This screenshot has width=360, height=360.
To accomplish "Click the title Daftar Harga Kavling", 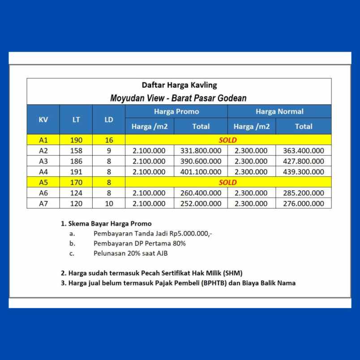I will pyautogui.click(x=179, y=85).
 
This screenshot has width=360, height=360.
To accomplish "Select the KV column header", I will pyautogui.click(x=43, y=120).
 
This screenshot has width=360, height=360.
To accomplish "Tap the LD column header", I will pyautogui.click(x=109, y=120).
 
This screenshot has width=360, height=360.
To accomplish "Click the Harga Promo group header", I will pyautogui.click(x=176, y=111).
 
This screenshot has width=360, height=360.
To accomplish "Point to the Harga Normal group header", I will pyautogui.click(x=279, y=111).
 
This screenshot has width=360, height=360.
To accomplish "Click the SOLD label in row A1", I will pyautogui.click(x=228, y=140).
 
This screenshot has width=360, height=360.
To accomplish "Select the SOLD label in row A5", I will pyautogui.click(x=228, y=182).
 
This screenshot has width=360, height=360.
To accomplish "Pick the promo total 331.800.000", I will pyautogui.click(x=201, y=151).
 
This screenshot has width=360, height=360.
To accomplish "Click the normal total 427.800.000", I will pyautogui.click(x=303, y=161).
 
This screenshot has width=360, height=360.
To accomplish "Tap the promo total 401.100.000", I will pyautogui.click(x=201, y=172).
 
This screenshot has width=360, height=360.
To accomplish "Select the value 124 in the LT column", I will pyautogui.click(x=76, y=193).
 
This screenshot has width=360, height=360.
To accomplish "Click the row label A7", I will pyautogui.click(x=43, y=203).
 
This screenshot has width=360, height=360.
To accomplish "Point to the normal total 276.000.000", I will pyautogui.click(x=303, y=203).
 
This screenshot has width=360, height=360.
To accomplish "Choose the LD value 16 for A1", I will pyautogui.click(x=109, y=140).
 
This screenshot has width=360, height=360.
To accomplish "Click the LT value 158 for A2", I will pyautogui.click(x=76, y=151).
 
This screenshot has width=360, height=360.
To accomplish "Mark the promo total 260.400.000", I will pyautogui.click(x=201, y=193).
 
